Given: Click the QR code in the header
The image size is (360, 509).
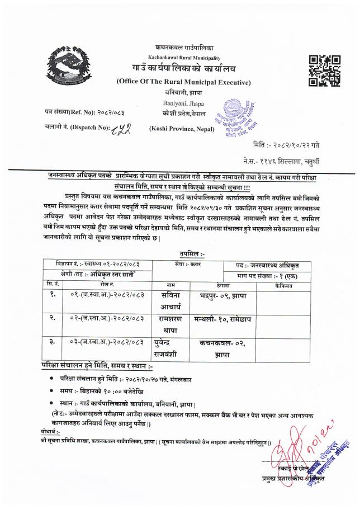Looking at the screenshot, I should click(324, 71).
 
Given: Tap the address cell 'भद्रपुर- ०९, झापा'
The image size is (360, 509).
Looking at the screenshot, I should click(221, 295).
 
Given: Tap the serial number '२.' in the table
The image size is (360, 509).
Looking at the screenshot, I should click(51, 318).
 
